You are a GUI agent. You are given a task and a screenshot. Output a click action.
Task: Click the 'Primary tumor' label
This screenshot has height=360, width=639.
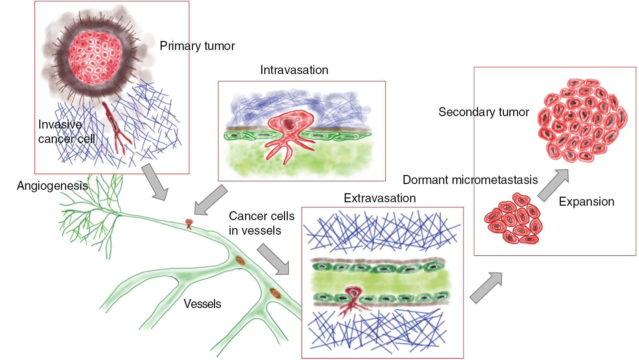[197, 46]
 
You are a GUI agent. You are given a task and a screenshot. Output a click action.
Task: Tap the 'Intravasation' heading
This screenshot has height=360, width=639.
[294, 70]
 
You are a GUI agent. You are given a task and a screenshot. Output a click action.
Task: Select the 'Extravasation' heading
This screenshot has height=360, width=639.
[379, 198]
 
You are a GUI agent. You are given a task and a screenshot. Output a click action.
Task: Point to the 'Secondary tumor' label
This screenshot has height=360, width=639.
[484, 112]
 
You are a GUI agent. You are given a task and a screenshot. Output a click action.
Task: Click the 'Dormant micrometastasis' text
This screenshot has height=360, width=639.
[470, 180]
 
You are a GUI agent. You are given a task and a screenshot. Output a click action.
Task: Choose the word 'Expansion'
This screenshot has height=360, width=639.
[586, 202]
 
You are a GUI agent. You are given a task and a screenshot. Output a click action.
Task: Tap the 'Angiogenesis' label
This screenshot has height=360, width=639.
[52, 186]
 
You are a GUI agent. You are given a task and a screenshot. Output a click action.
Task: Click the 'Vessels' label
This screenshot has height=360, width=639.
[202, 304]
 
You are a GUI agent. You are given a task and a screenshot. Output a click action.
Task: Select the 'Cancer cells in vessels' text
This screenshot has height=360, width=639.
[261, 223]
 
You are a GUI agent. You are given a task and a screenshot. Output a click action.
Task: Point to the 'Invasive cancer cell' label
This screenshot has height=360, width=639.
[67, 132]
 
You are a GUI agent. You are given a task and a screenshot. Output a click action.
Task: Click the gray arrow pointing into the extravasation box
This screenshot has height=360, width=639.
[273, 259]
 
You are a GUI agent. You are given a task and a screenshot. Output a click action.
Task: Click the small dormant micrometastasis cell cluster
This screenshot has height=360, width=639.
[514, 218]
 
